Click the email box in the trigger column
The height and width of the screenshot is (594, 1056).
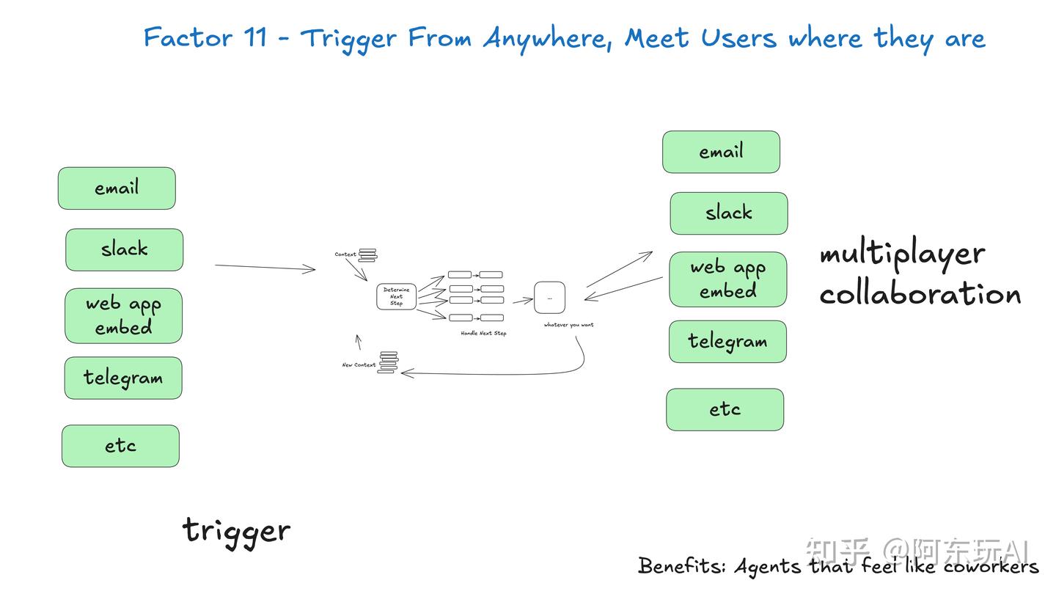click(x=117, y=188)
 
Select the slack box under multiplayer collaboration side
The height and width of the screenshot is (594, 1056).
click(x=728, y=213)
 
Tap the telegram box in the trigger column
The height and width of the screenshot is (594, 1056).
click(x=123, y=378)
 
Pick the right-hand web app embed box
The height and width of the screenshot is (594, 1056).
click(x=727, y=279)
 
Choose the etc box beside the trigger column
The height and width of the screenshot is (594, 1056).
click(x=120, y=446)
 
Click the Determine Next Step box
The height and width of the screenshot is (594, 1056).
click(x=396, y=296)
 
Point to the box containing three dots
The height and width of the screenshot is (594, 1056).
click(x=549, y=297)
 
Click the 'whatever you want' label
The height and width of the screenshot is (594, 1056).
click(x=568, y=325)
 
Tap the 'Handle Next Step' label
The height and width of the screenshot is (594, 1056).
click(x=483, y=334)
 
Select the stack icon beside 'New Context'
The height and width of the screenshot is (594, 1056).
click(x=388, y=362)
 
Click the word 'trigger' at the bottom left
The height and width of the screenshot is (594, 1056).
click(x=236, y=530)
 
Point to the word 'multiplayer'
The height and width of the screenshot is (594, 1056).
click(x=902, y=254)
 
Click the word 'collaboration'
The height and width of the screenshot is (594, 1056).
click(x=920, y=294)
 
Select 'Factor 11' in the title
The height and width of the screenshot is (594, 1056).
click(x=205, y=37)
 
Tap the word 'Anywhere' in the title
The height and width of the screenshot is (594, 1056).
click(x=547, y=37)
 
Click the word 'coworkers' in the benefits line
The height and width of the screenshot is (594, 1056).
click(x=991, y=566)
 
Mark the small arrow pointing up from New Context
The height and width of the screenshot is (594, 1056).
click(x=359, y=342)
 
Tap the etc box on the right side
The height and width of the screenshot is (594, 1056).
click(x=725, y=409)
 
